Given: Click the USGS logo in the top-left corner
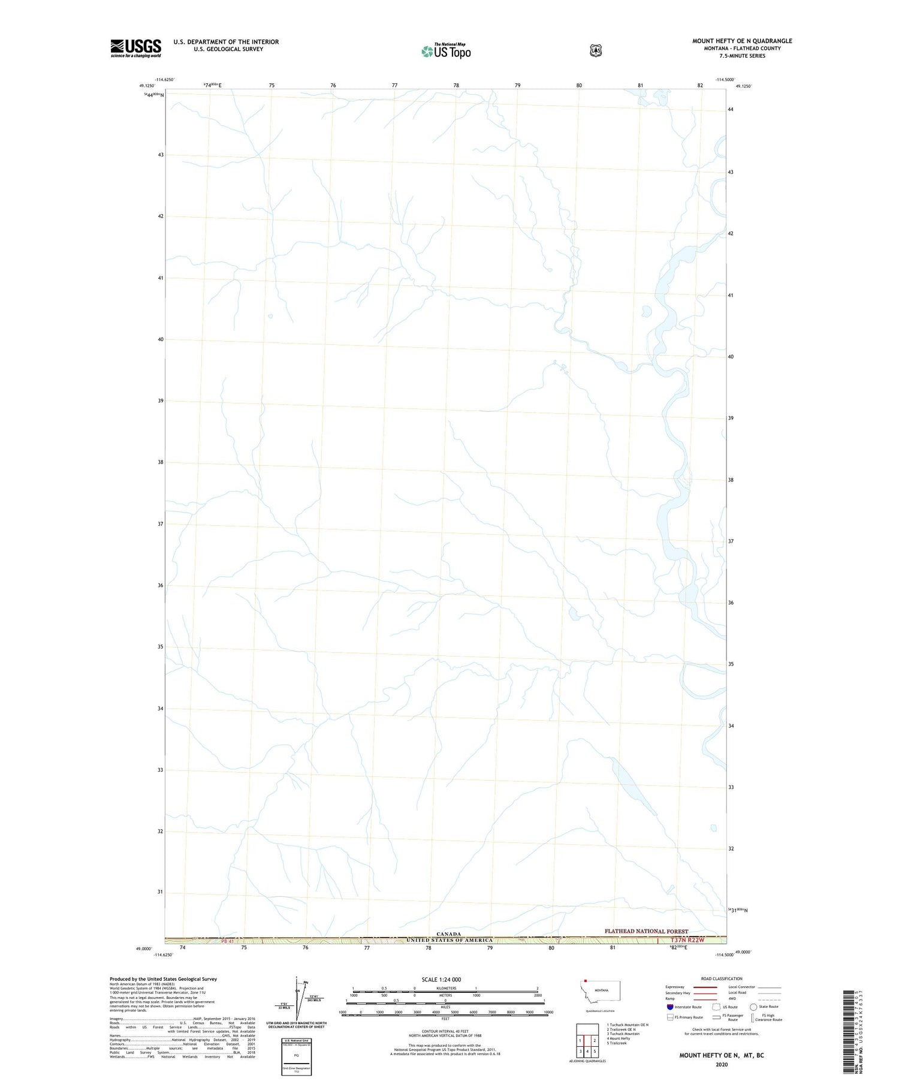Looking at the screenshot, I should tap(135, 48).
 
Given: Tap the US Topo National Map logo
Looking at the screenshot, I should tap(446, 50).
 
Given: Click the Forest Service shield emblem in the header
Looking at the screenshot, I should tap(595, 50).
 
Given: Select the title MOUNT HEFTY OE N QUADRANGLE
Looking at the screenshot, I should tap(742, 41).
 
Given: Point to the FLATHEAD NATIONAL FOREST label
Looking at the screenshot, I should tap(646, 931).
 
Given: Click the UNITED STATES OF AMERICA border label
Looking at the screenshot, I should tap(449, 940).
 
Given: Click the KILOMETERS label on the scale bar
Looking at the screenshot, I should tap(445, 988).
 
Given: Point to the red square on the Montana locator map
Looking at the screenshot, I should tap(585, 981).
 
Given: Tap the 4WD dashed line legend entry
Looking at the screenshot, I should tap(770, 999).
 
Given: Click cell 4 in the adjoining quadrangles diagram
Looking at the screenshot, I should tap(587, 1052).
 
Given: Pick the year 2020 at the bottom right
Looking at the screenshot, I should tap(721, 1065).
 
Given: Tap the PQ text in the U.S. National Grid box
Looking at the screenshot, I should tap(296, 1055).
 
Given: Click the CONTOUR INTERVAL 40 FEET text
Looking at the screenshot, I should tap(445, 1031).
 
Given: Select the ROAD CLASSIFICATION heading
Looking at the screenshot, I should tap(722, 978).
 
